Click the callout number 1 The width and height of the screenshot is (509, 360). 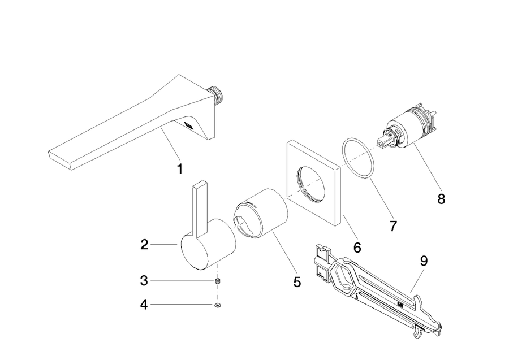coord(179,169)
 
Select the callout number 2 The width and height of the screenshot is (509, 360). coord(144,245)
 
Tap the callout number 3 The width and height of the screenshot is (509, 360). coord(144,280)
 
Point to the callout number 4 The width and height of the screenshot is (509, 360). coord(144,305)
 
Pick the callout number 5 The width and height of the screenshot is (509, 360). coord(297,282)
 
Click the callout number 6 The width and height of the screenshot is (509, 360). coord(357,248)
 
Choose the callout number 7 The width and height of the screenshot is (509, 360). coord(393,226)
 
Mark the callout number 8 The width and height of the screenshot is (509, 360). coord(441,199)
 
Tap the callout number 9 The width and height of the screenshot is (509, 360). coord(424,261)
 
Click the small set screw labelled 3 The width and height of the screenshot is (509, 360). coord(218,281)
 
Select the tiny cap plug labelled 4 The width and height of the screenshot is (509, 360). coord(218,305)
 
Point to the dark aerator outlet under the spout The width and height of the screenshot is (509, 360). coord(188,125)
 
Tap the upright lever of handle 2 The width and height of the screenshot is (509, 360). coord(200,209)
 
